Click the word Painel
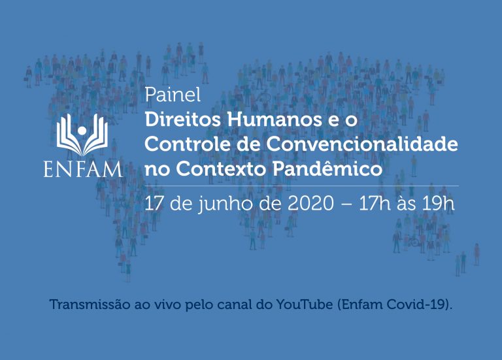[x=173, y=94]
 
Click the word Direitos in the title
[x=183, y=120]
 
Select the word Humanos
[x=275, y=120]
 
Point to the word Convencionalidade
[x=362, y=144]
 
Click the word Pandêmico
[x=327, y=169]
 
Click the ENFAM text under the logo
[x=83, y=170]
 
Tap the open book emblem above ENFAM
[x=82, y=135]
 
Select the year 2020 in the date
[x=310, y=203]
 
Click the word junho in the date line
[x=226, y=205]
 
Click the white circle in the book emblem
[x=82, y=130]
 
